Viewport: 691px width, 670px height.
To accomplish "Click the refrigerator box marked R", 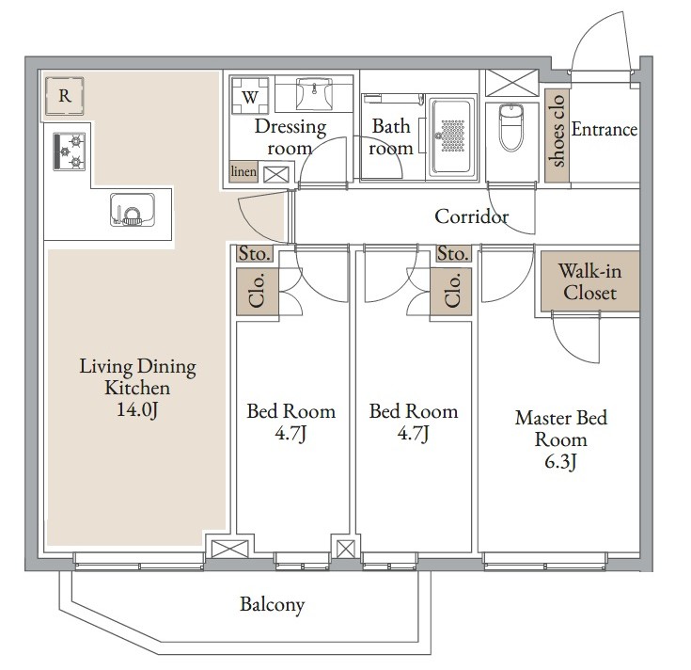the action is tap(64, 96).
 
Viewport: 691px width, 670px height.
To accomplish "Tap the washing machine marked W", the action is tap(250, 96).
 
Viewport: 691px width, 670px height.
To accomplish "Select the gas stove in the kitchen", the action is tap(70, 152).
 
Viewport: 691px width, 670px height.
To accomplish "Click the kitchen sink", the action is tap(133, 210).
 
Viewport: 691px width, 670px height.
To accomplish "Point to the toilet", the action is tap(511, 127).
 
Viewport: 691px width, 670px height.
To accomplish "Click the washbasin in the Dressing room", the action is tap(314, 94).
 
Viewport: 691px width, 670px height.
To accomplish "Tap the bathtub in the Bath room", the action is tap(453, 136).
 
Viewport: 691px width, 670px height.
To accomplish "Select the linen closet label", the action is tap(243, 171).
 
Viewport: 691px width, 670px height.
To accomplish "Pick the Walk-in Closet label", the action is tap(590, 282).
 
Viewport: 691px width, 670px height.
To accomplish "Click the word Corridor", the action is tap(471, 216).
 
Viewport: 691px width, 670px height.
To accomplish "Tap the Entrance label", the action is tap(605, 129).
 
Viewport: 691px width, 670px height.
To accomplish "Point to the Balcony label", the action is tap(273, 604).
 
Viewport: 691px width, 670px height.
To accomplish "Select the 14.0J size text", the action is tap(137, 409).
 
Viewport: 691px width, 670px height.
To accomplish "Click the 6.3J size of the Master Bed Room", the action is tap(560, 462).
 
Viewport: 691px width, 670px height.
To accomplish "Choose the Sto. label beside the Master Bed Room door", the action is tap(453, 254).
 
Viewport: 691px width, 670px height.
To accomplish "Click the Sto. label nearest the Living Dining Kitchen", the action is tap(254, 254).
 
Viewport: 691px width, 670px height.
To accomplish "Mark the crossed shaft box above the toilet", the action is tap(511, 83).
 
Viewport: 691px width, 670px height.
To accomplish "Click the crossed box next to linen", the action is tap(275, 175).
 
